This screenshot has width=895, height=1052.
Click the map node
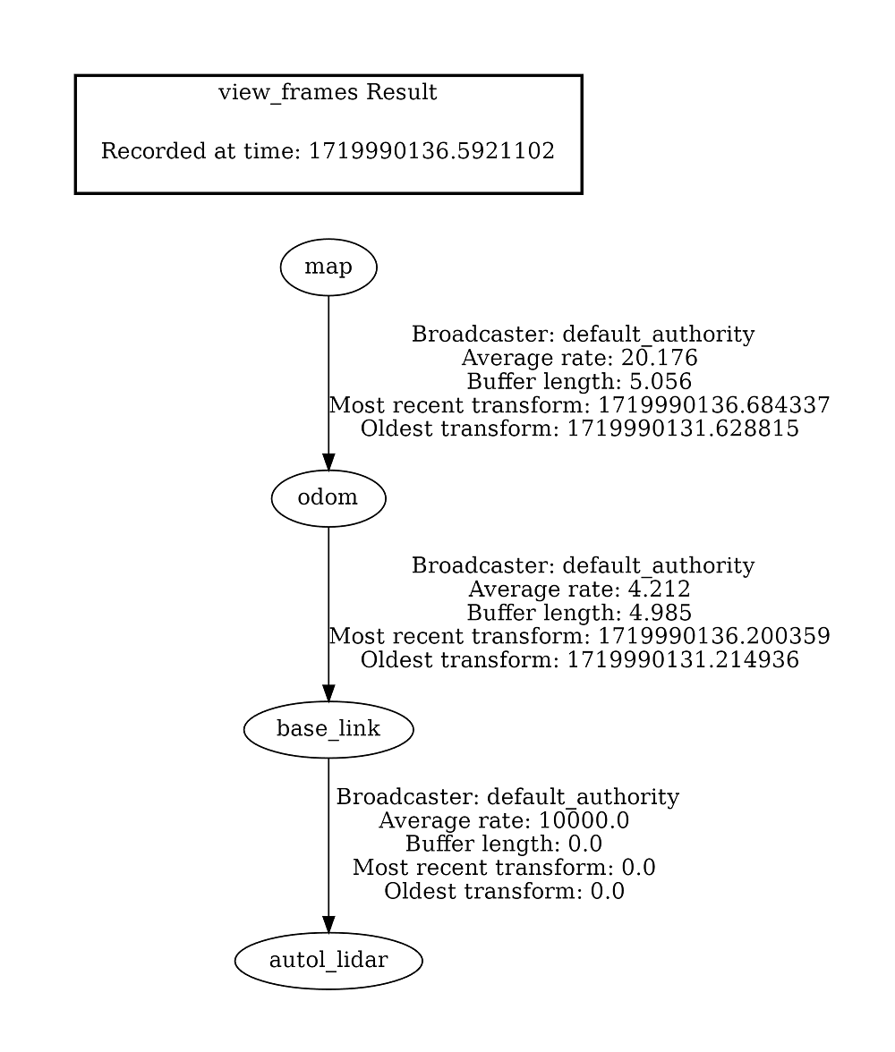[328, 267]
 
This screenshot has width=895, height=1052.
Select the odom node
[328, 498]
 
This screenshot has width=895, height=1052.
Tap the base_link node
[328, 729]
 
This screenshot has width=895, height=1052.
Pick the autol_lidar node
[328, 961]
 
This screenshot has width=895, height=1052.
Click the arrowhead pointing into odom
[328, 462]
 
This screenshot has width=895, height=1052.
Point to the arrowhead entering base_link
[328, 693]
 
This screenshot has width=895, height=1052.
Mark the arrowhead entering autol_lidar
[328, 924]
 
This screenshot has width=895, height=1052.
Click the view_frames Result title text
[328, 93]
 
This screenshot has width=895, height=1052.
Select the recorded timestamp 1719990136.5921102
[431, 151]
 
